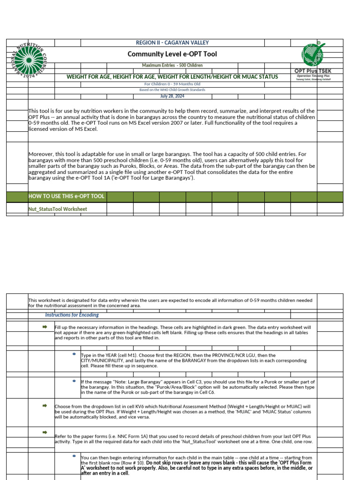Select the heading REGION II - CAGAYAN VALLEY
pos(172,43)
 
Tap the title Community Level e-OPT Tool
pos(172,54)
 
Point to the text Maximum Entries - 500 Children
pos(172,66)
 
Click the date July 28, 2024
pos(172,96)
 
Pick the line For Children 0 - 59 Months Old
pos(172,84)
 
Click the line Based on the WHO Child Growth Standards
pos(172,90)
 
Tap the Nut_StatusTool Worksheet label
pos(58,209)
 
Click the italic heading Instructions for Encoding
pos(72,315)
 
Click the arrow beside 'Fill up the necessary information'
pos(45,327)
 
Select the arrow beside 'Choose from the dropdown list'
pos(45,405)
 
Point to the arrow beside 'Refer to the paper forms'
pos(45,432)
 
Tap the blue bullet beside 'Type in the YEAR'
pos(74,354)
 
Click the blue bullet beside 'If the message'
pos(74,381)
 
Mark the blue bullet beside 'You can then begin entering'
pos(74,456)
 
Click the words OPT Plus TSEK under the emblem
pos(313,71)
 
